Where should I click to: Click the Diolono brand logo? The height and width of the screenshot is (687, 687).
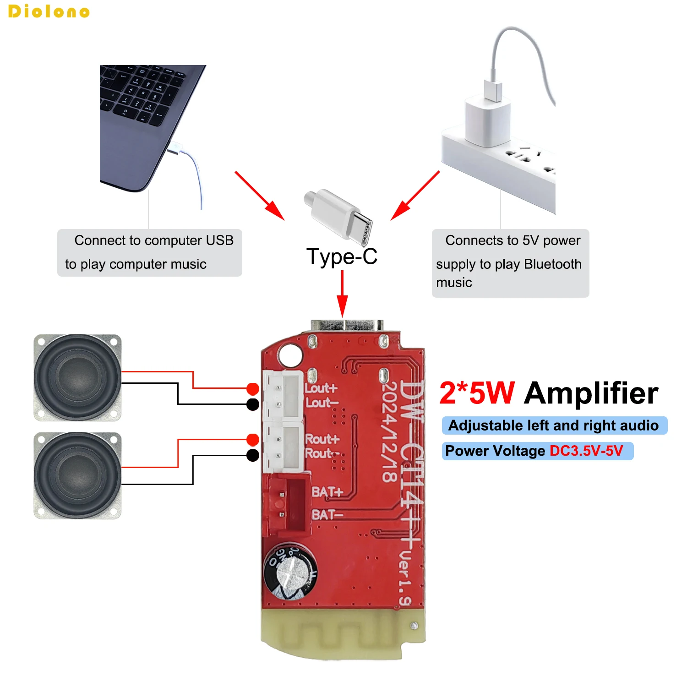pyautogui.click(x=49, y=11)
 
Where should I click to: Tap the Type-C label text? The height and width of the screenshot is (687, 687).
pyautogui.click(x=342, y=256)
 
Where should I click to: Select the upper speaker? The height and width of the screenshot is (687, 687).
pyautogui.click(x=77, y=377)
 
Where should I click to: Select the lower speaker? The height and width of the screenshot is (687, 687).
pyautogui.click(x=77, y=475)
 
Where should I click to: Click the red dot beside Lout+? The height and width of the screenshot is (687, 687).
pyautogui.click(x=252, y=389)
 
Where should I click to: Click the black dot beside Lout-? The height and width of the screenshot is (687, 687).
pyautogui.click(x=252, y=404)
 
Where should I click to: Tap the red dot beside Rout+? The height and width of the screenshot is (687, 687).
pyautogui.click(x=252, y=440)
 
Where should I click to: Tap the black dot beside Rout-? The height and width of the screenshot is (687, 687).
pyautogui.click(x=252, y=455)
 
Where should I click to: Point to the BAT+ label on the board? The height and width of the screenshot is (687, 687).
pyautogui.click(x=327, y=492)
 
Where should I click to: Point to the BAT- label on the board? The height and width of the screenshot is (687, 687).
pyautogui.click(x=327, y=515)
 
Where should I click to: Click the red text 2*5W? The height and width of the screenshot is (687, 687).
pyautogui.click(x=477, y=393)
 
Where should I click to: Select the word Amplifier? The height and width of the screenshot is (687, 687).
pyautogui.click(x=591, y=393)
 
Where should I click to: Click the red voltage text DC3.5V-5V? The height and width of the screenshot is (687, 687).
pyautogui.click(x=586, y=451)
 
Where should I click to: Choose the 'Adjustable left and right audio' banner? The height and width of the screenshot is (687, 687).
pyautogui.click(x=554, y=425)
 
